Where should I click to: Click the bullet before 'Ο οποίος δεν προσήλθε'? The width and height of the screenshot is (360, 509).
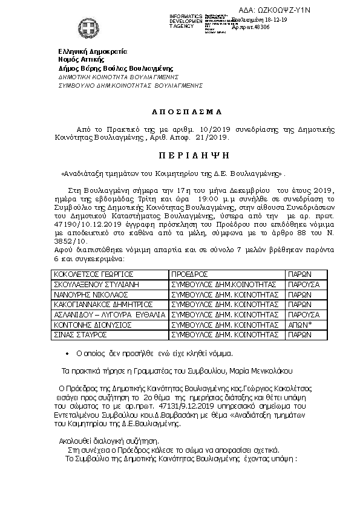[67, 353]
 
